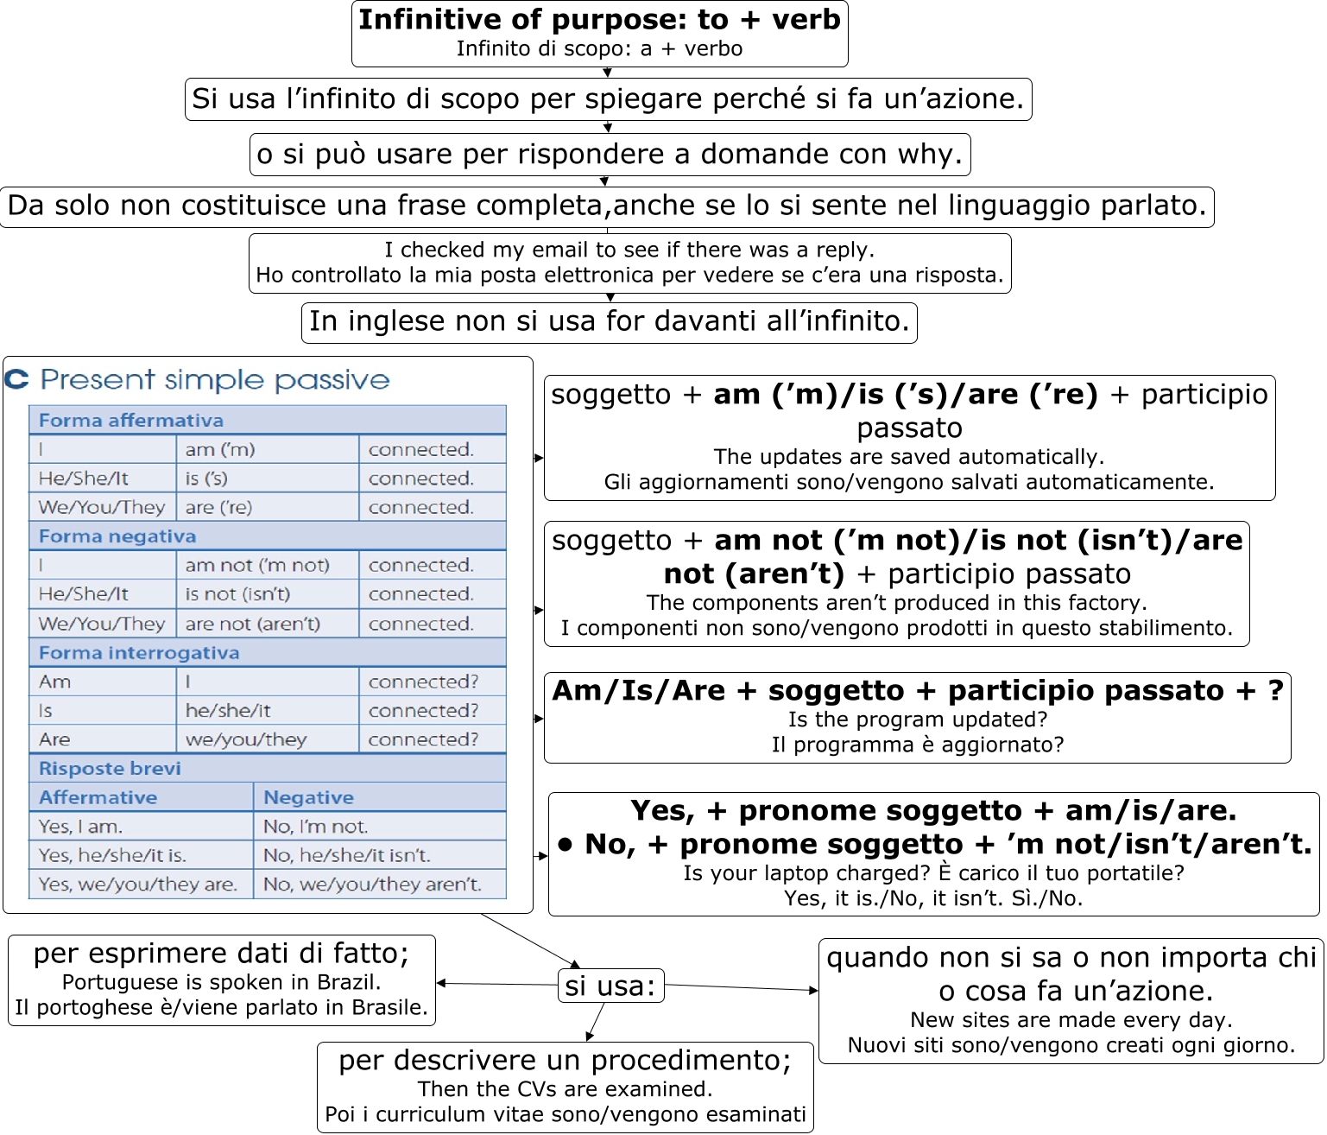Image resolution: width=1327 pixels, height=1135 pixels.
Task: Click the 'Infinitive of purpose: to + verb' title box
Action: (x=599, y=33)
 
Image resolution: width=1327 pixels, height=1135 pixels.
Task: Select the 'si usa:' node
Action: (x=610, y=986)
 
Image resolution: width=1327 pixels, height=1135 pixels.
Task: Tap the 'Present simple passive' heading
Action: (x=215, y=380)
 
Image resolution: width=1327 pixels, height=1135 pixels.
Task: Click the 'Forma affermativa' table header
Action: (x=131, y=421)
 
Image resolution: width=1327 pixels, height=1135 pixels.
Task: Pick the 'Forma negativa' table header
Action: (x=117, y=536)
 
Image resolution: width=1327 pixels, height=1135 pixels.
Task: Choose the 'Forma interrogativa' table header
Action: (x=139, y=653)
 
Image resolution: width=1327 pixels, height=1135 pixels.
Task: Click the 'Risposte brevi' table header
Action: (x=110, y=769)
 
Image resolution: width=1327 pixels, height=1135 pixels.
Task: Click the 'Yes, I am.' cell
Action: (x=81, y=827)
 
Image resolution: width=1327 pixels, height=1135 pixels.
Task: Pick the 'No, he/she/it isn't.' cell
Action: (x=347, y=856)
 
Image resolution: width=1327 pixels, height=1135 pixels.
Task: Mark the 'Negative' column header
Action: (x=308, y=798)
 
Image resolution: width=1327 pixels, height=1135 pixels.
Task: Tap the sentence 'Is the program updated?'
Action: (x=917, y=720)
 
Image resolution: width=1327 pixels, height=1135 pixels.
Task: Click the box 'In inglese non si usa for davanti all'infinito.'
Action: (x=609, y=321)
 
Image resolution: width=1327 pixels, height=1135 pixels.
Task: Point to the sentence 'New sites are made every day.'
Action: (x=1071, y=1020)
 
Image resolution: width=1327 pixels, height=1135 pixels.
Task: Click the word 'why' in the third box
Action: (x=926, y=155)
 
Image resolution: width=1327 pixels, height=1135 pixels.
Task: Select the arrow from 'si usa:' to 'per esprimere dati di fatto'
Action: (x=496, y=984)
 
